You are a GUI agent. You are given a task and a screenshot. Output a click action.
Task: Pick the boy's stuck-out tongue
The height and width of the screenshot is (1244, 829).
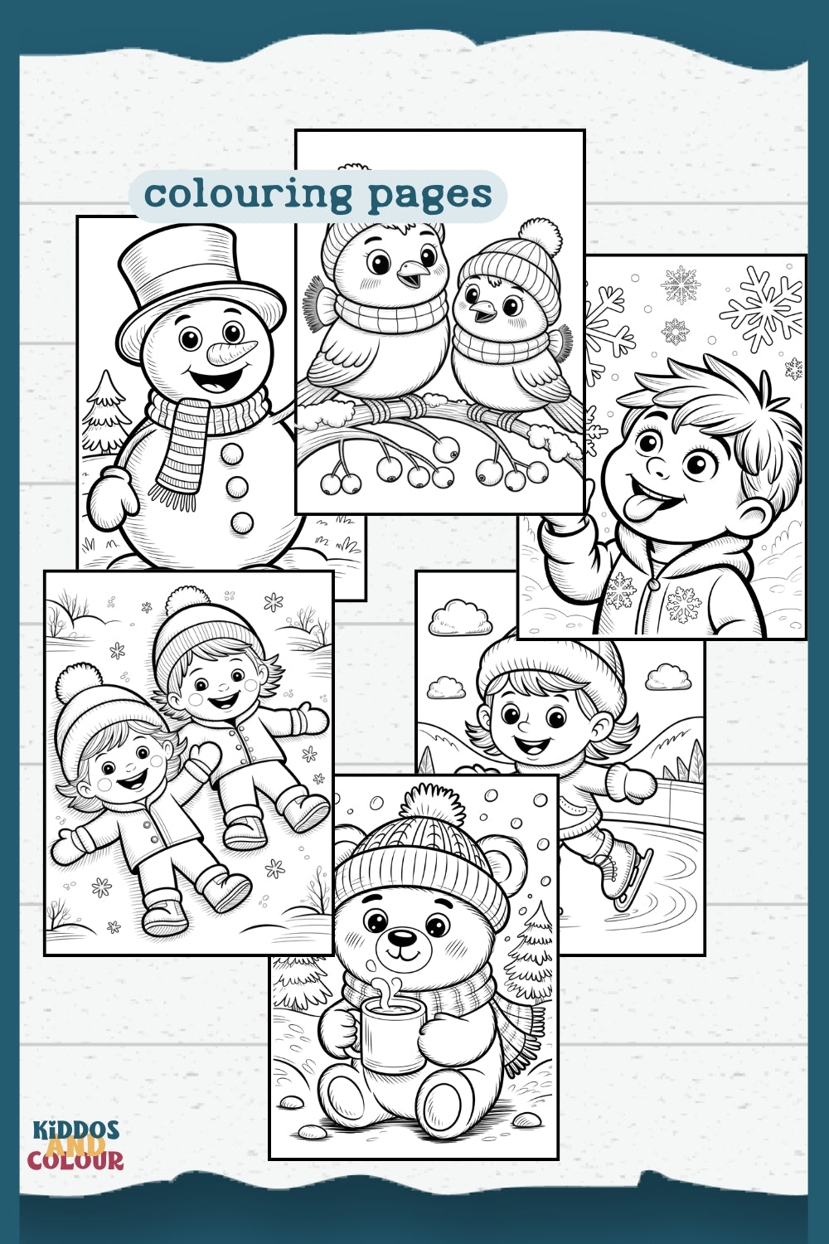pyautogui.click(x=641, y=508)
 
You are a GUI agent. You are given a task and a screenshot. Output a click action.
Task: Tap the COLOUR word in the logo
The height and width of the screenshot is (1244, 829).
pyautogui.click(x=75, y=1160)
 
